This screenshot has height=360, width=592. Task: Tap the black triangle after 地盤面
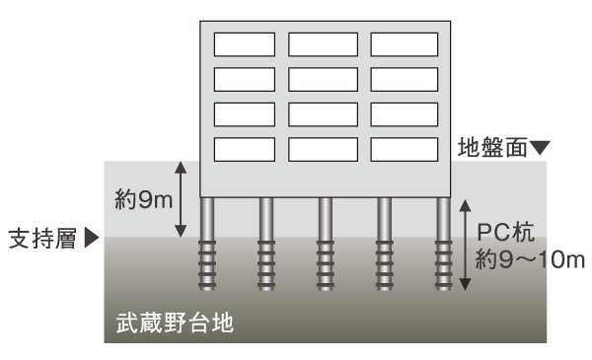540,149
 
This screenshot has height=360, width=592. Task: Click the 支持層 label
42,238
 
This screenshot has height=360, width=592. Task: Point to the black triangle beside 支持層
93,238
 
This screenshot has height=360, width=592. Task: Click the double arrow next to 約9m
180,199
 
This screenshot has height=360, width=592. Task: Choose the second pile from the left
266,244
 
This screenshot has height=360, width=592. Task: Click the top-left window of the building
245,44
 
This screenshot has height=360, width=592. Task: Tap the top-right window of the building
403,44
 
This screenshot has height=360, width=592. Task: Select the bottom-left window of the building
245,148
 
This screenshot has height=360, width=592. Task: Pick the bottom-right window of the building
403,148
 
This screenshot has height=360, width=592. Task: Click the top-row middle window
323,44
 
